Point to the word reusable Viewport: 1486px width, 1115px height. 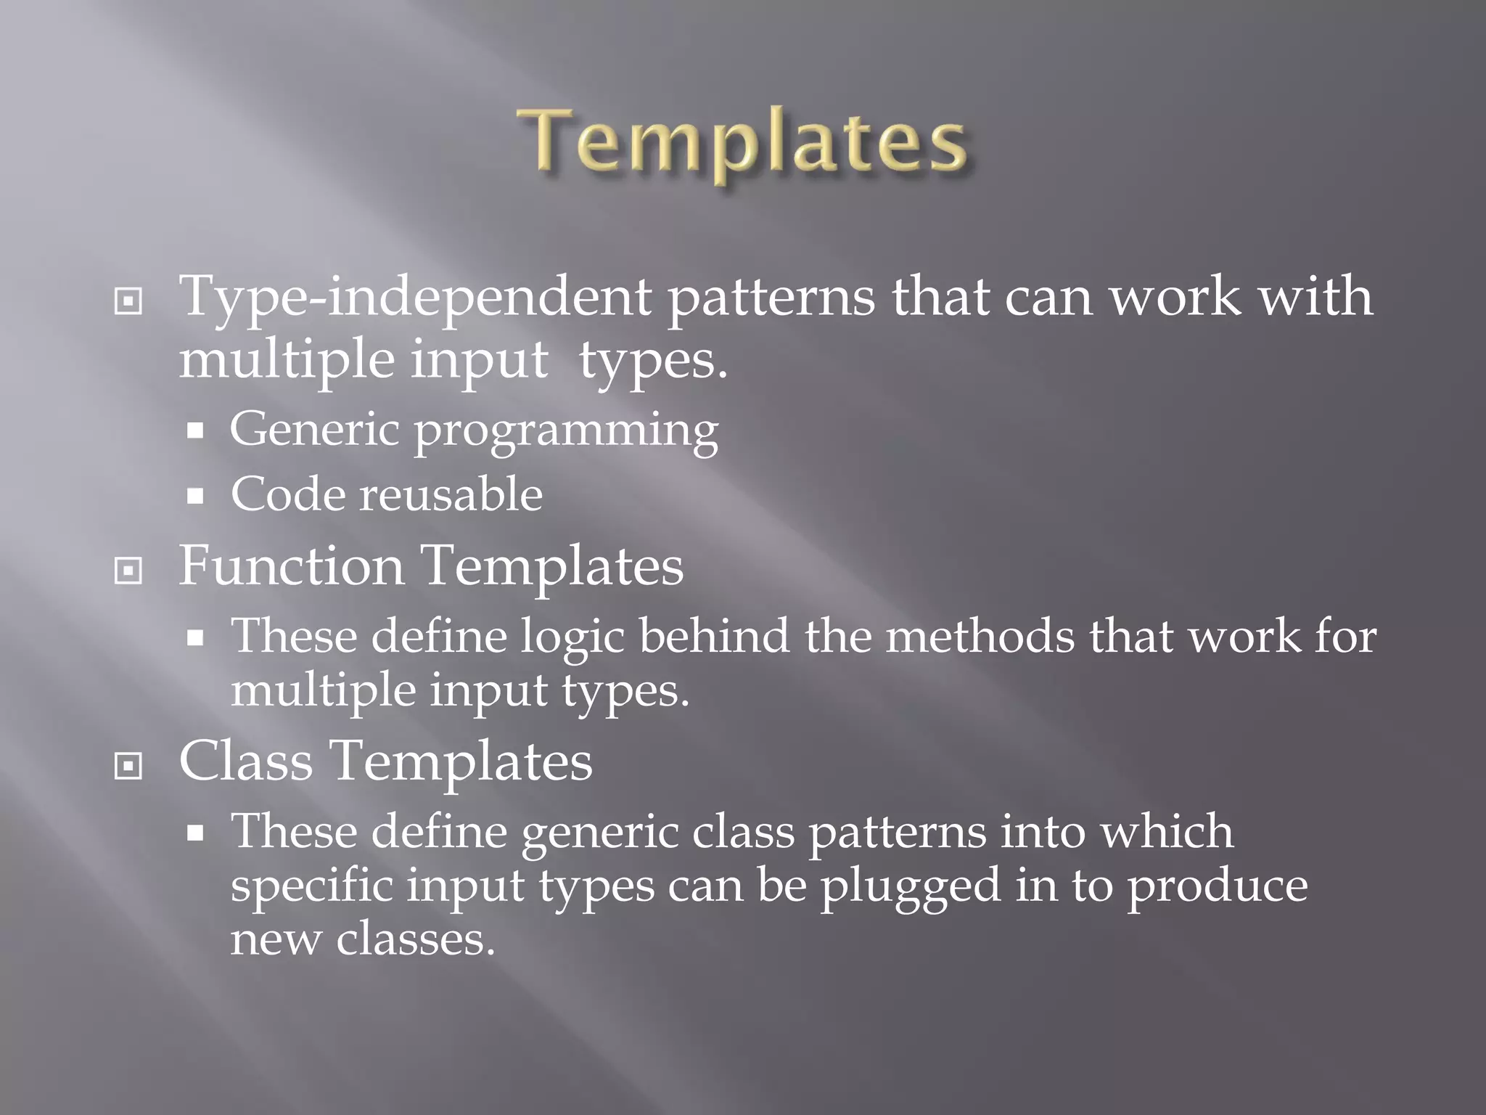[451, 494]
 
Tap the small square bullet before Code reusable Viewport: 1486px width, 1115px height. [194, 497]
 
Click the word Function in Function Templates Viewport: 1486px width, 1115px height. [291, 566]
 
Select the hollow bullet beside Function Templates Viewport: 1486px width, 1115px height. [128, 571]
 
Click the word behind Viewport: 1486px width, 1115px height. [714, 636]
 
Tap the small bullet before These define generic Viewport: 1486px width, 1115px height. [194, 834]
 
